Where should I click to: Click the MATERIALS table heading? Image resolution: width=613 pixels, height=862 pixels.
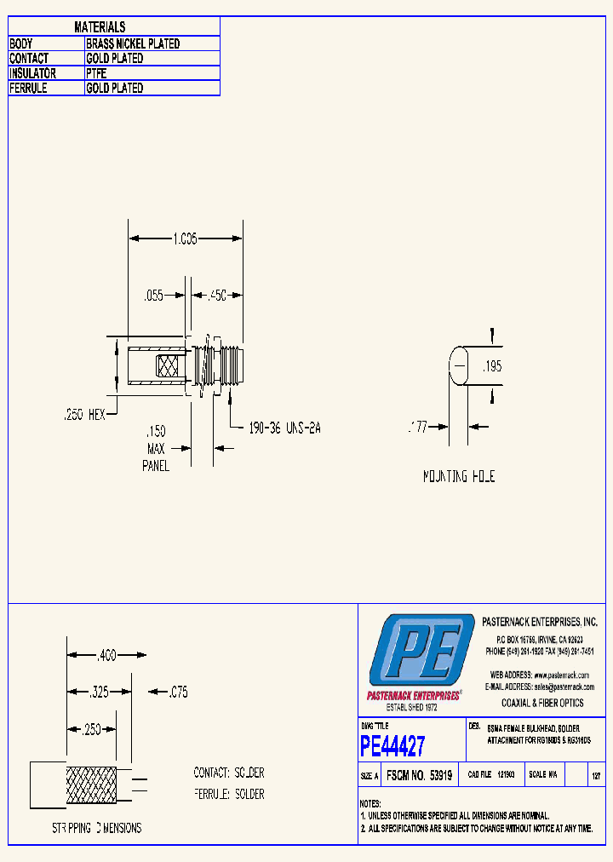pyautogui.click(x=100, y=28)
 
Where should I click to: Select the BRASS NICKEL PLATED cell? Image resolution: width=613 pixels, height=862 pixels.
pyautogui.click(x=133, y=43)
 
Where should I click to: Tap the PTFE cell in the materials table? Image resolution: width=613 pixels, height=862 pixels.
pyautogui.click(x=97, y=73)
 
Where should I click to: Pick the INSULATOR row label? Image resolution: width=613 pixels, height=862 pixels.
pyautogui.click(x=33, y=73)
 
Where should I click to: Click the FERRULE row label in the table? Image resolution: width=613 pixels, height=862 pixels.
pyautogui.click(x=28, y=88)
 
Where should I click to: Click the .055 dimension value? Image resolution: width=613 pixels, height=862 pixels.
pyautogui.click(x=153, y=296)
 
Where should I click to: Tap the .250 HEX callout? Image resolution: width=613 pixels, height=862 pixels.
pyautogui.click(x=84, y=414)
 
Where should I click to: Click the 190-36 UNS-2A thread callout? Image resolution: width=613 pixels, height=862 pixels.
pyautogui.click(x=285, y=428)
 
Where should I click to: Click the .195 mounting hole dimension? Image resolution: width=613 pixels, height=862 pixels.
pyautogui.click(x=492, y=366)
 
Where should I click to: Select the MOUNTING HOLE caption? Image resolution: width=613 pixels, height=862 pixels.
pyautogui.click(x=459, y=477)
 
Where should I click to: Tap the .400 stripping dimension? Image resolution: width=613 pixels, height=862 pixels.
pyautogui.click(x=106, y=656)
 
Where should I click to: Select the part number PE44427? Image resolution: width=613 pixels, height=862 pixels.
pyautogui.click(x=392, y=747)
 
